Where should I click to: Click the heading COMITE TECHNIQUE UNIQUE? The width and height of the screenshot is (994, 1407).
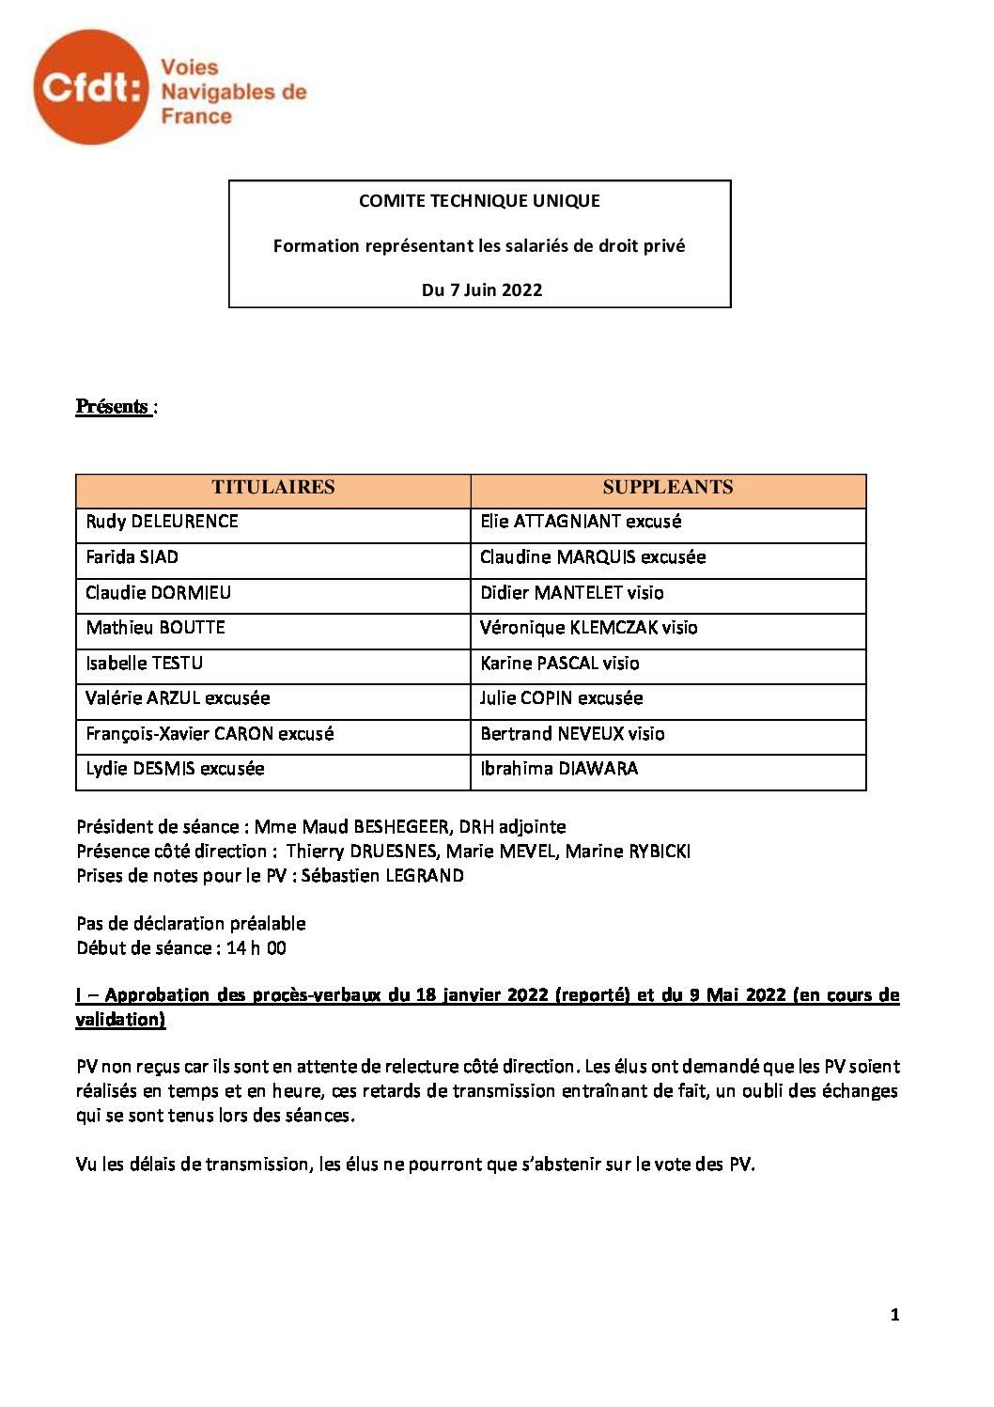pos(479,200)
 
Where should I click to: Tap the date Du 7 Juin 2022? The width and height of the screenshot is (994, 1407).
pos(481,289)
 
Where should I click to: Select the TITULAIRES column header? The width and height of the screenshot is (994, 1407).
pos(272,488)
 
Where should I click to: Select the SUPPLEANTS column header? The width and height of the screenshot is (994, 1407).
pos(667,488)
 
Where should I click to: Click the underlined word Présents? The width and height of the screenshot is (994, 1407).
pos(112,407)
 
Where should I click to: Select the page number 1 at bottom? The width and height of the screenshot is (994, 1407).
pos(894,1316)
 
